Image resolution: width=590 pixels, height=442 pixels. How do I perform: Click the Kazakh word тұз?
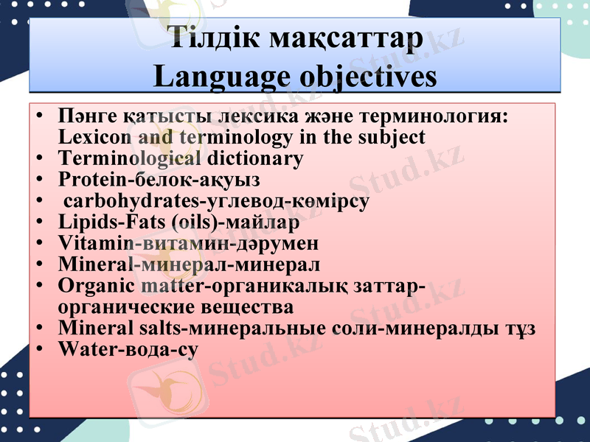520,327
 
